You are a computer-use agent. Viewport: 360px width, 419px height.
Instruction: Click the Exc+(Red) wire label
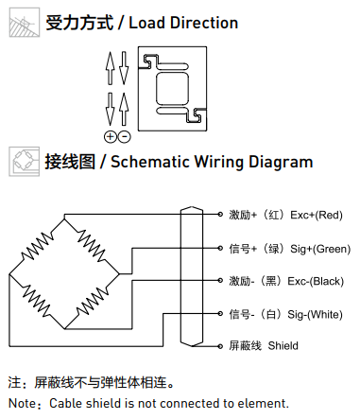pyautogui.click(x=317, y=215)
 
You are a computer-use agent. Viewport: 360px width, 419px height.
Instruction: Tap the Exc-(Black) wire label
pyautogui.click(x=316, y=281)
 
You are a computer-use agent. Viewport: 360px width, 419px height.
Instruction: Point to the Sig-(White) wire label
pyautogui.click(x=315, y=314)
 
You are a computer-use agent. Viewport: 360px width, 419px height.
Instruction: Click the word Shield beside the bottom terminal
pyautogui.click(x=283, y=345)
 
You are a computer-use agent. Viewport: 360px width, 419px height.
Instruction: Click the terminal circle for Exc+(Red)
pyautogui.click(x=220, y=215)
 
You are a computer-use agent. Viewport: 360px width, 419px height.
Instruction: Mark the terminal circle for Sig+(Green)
pyautogui.click(x=220, y=248)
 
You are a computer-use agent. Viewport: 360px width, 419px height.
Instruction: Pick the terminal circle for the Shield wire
pyautogui.click(x=220, y=346)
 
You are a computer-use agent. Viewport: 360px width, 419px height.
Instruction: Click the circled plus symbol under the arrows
pyautogui.click(x=111, y=137)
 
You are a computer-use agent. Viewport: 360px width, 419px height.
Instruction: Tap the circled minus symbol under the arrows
pyautogui.click(x=125, y=137)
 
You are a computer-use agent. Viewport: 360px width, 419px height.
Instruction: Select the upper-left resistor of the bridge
pyautogui.click(x=37, y=246)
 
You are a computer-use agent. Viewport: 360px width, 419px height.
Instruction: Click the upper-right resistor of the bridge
pyautogui.click(x=92, y=246)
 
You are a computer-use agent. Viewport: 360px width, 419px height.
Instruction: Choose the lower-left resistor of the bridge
pyautogui.click(x=37, y=301)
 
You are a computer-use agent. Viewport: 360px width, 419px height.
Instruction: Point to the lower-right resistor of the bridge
pyautogui.click(x=92, y=301)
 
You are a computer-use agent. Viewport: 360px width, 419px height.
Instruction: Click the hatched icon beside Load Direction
pyautogui.click(x=25, y=23)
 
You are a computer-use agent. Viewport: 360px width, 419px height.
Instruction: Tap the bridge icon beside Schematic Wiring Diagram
pyautogui.click(x=25, y=162)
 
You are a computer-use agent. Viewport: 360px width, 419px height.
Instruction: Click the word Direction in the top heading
pyautogui.click(x=204, y=23)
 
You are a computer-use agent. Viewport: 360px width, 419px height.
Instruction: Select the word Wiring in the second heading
pyautogui.click(x=219, y=163)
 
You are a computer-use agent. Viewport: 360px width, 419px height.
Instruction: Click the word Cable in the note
pyautogui.click(x=66, y=403)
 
